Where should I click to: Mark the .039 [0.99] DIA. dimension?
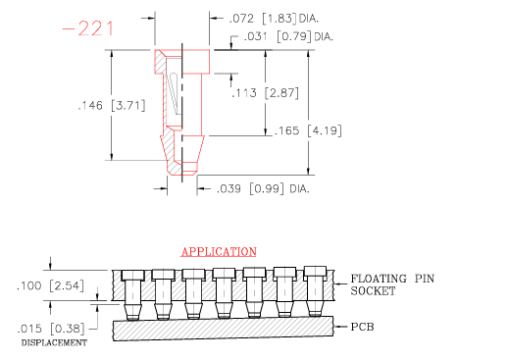[262, 187]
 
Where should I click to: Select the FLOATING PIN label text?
[392, 279]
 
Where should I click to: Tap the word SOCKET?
[372, 292]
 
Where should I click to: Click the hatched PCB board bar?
[226, 330]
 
